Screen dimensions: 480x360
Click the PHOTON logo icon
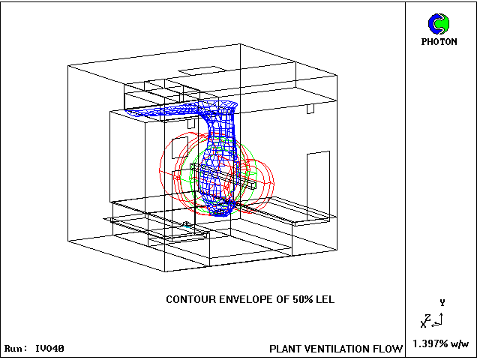click(x=439, y=24)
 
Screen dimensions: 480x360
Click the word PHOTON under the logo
click(x=439, y=42)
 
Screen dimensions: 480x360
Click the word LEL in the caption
click(x=325, y=299)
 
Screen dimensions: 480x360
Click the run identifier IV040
click(x=50, y=348)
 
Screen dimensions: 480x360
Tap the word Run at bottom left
click(x=15, y=348)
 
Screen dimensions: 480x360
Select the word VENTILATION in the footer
click(x=337, y=349)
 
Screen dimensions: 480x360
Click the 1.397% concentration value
click(x=430, y=343)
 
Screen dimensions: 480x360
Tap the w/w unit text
click(x=460, y=344)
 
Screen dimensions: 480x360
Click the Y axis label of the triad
click(x=442, y=303)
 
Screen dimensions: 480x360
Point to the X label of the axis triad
click(x=423, y=325)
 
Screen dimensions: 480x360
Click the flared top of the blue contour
click(x=218, y=105)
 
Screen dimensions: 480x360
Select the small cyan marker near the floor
click(x=187, y=226)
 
